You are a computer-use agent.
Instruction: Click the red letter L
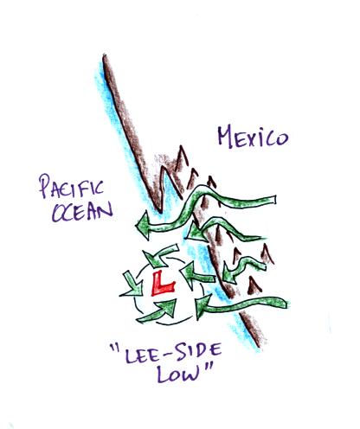[x=162, y=284]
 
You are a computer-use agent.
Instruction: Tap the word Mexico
[x=253, y=138]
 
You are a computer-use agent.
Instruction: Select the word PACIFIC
[x=71, y=188]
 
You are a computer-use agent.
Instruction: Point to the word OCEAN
[x=82, y=212]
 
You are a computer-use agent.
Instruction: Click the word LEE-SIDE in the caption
[x=172, y=354]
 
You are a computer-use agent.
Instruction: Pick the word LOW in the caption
[x=178, y=375]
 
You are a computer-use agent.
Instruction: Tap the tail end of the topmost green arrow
[x=274, y=200]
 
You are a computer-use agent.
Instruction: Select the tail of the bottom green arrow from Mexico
[x=286, y=304]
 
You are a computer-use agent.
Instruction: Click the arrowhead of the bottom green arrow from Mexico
[x=202, y=307]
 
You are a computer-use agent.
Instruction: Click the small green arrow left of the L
[x=132, y=285]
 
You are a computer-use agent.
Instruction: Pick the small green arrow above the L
[x=160, y=254]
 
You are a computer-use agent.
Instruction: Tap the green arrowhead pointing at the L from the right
[x=188, y=274]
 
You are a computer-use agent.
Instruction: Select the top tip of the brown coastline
[x=105, y=55]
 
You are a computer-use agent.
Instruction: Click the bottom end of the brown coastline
[x=258, y=345]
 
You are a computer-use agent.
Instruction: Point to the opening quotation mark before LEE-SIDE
[x=114, y=348]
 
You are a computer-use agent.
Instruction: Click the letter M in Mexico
[x=226, y=137]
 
